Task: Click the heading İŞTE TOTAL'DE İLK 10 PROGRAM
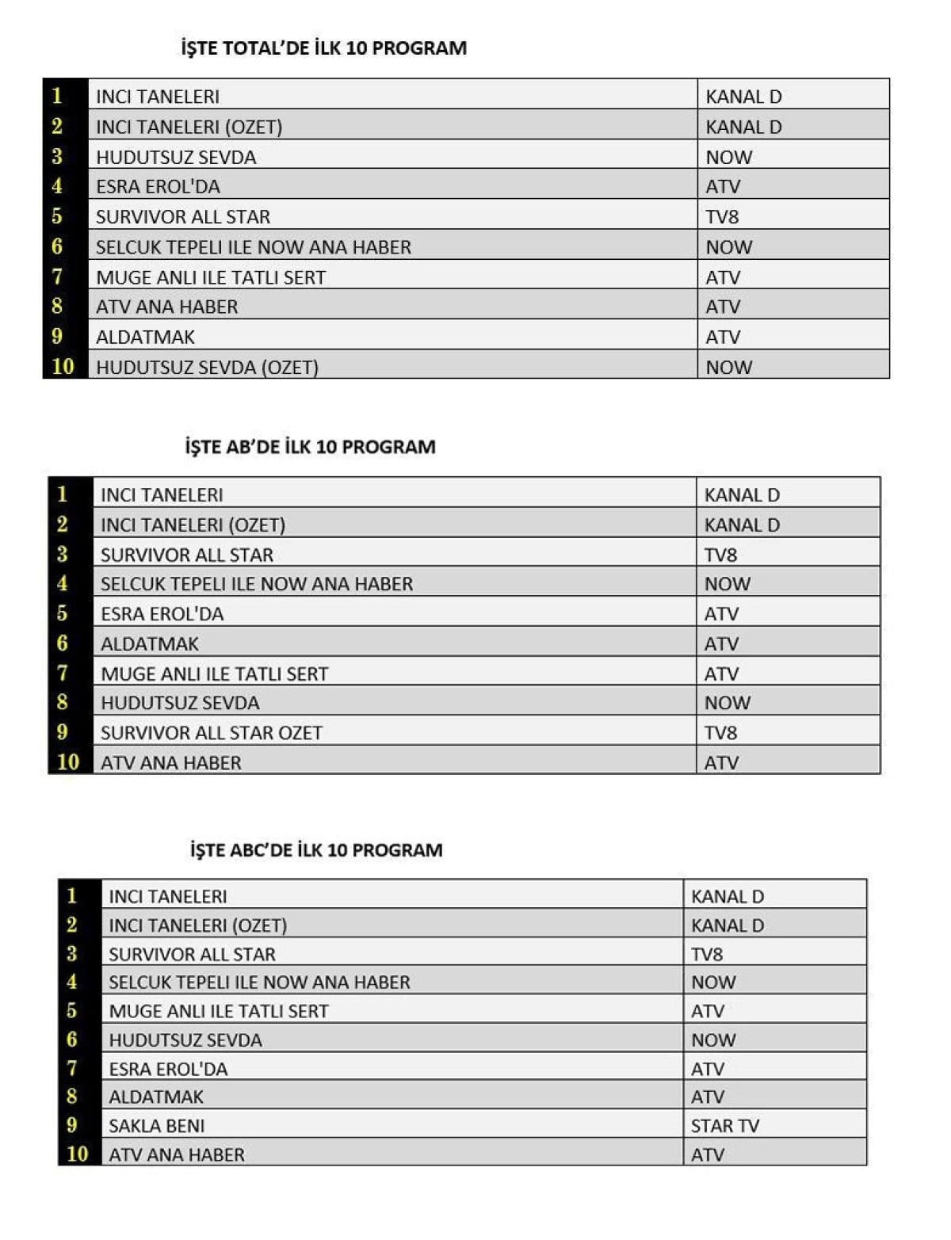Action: click(x=323, y=48)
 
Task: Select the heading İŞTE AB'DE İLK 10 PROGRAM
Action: click(x=310, y=447)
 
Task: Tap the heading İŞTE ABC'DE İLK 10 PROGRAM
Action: click(x=315, y=850)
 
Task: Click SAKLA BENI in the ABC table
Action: click(x=157, y=1126)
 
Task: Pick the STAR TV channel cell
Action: click(x=724, y=1126)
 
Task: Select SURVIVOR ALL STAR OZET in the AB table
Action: click(x=212, y=733)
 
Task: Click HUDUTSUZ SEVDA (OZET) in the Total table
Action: click(x=207, y=368)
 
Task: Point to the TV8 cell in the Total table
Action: click(x=722, y=217)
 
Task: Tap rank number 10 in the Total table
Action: click(x=63, y=367)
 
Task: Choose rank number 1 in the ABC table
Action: click(x=72, y=896)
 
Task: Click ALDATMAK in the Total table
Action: click(x=145, y=338)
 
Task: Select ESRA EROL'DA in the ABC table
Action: click(x=168, y=1069)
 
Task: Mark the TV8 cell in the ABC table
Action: click(x=707, y=955)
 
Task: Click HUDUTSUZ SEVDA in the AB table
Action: click(x=180, y=703)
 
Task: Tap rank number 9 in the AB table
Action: click(x=63, y=732)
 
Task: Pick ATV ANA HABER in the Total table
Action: click(x=166, y=307)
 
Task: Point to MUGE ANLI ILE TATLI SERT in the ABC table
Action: click(x=219, y=1012)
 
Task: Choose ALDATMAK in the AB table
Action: click(x=150, y=644)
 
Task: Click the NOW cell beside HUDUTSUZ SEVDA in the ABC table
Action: click(x=713, y=1040)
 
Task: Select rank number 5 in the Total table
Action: click(x=57, y=216)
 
